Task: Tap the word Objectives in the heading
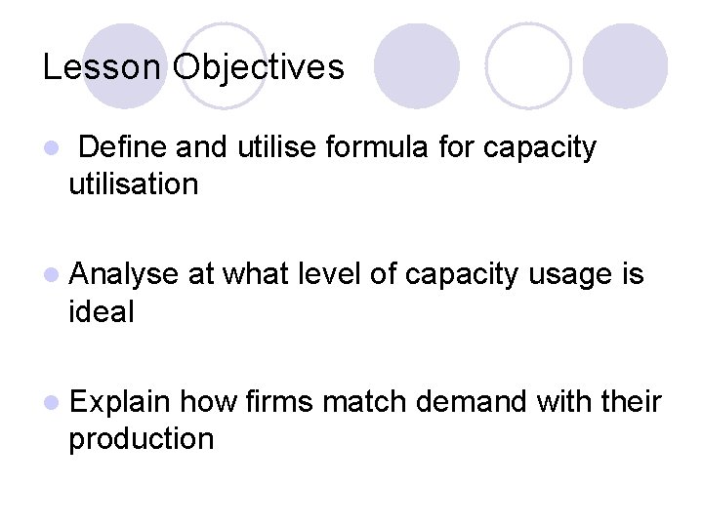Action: (258, 67)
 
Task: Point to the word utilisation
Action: (133, 183)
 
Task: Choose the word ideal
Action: (102, 312)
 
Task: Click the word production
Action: (141, 439)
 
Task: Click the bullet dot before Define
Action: (51, 149)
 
